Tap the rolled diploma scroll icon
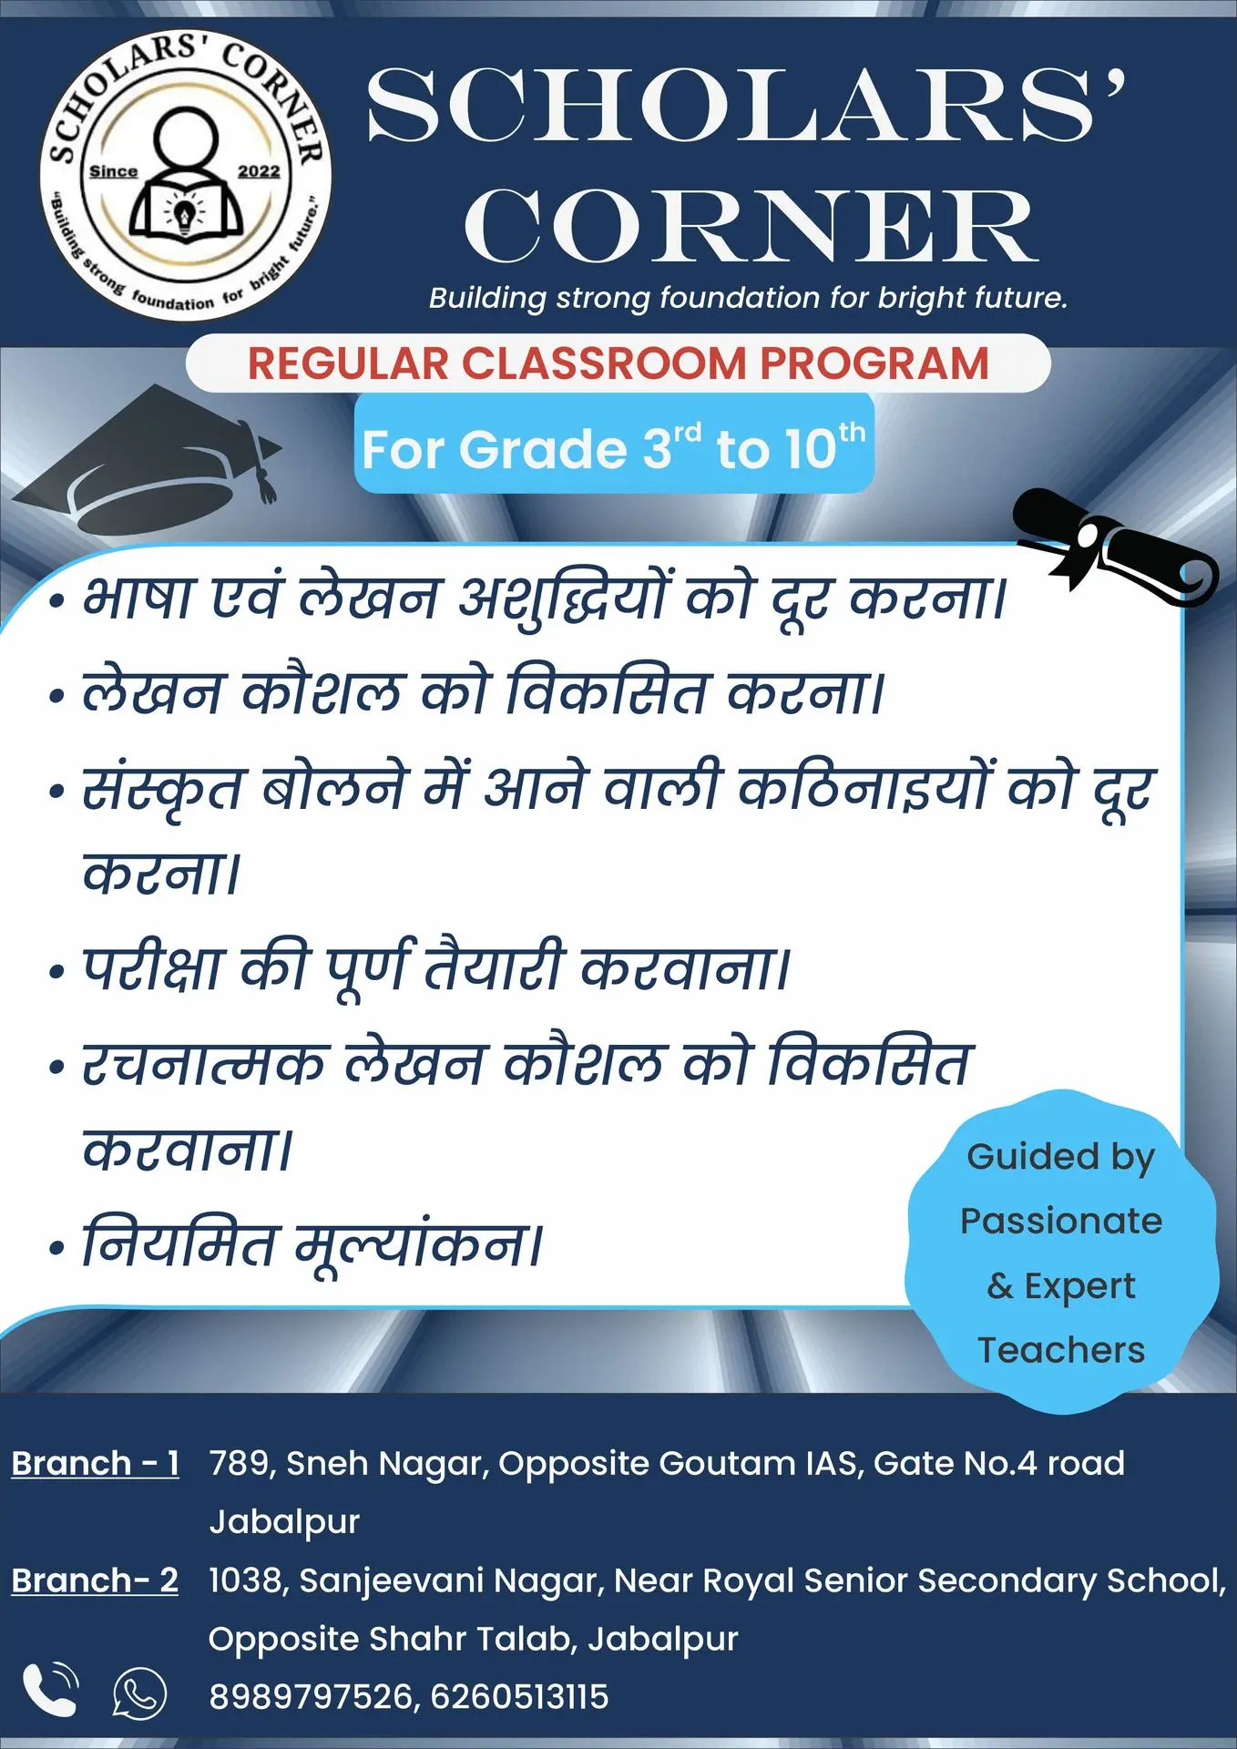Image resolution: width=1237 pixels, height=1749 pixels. (1115, 547)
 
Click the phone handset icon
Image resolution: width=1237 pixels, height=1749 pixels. (50, 1690)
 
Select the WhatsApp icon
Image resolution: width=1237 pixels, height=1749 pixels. (139, 1693)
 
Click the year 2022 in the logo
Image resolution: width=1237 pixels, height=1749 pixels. (259, 171)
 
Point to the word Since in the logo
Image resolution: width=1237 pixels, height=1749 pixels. (113, 171)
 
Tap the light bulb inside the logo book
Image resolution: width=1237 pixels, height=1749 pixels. (185, 215)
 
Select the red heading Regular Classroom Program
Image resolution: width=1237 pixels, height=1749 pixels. (618, 363)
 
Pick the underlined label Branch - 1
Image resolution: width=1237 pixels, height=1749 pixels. (96, 1463)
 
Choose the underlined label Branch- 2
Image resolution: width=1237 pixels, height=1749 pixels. (95, 1580)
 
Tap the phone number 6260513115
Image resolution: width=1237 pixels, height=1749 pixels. (519, 1696)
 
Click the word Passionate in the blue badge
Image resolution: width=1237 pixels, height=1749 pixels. (1061, 1221)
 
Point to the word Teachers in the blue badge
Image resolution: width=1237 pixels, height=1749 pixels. (1061, 1350)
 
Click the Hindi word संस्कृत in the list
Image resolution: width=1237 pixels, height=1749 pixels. (162, 789)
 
